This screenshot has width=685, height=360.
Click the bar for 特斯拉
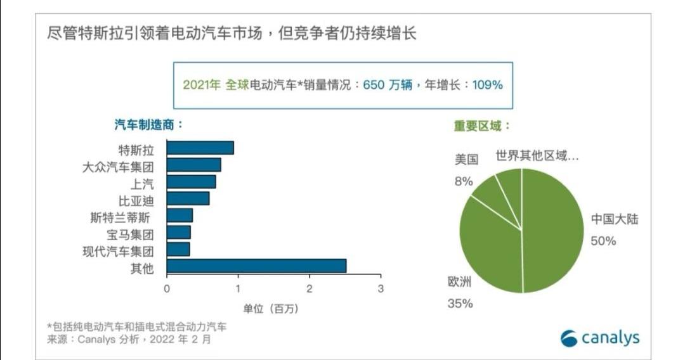click(x=200, y=148)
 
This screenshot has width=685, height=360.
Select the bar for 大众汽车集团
click(x=193, y=165)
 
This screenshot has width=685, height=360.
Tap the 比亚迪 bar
click(x=188, y=198)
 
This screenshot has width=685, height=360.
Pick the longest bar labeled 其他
click(x=256, y=266)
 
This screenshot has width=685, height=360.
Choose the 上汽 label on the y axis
click(x=141, y=183)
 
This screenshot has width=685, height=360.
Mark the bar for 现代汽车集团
click(x=178, y=250)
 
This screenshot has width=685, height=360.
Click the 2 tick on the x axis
click(x=310, y=288)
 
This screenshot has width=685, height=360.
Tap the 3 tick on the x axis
click(x=381, y=288)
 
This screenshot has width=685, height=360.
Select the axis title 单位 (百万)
click(x=271, y=309)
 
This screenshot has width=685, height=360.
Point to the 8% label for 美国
click(x=464, y=181)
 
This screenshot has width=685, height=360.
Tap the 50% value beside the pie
click(x=603, y=241)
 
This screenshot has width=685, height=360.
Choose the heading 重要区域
click(x=482, y=125)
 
